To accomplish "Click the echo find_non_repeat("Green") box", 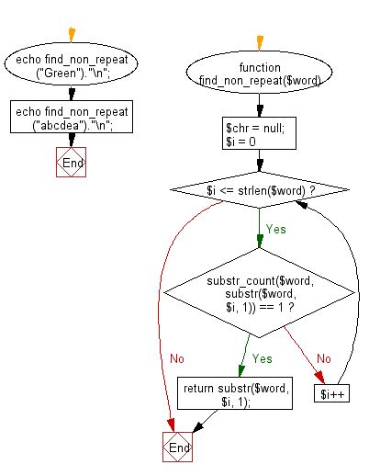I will (x=62, y=68).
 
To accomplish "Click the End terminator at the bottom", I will (x=178, y=447).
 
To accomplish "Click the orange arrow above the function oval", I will (x=258, y=40).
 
